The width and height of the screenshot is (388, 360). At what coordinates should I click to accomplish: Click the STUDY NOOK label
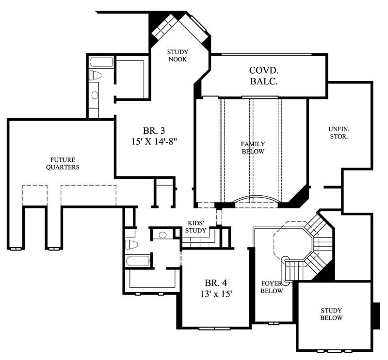point(178,56)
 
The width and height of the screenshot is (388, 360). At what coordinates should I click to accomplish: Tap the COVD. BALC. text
point(264,76)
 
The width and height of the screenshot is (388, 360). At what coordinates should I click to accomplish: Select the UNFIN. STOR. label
point(339,133)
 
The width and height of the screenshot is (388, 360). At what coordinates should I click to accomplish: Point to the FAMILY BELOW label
point(253,148)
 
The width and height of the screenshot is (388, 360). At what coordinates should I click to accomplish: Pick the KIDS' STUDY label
point(196,227)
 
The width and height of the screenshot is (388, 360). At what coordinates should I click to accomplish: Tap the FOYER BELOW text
point(272,287)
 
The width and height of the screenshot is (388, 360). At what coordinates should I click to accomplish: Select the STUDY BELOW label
point(331,314)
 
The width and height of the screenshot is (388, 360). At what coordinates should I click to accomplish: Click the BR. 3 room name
point(154,131)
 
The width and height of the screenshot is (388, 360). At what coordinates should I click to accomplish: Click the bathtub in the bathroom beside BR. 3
point(101,62)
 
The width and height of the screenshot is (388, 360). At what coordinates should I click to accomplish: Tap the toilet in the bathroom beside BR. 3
point(95,76)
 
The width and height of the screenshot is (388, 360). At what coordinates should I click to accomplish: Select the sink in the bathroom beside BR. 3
point(94,94)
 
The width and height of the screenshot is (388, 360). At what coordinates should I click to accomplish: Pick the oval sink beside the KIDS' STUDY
point(163,235)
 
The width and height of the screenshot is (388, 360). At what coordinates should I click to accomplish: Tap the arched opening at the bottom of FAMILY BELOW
point(257,200)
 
